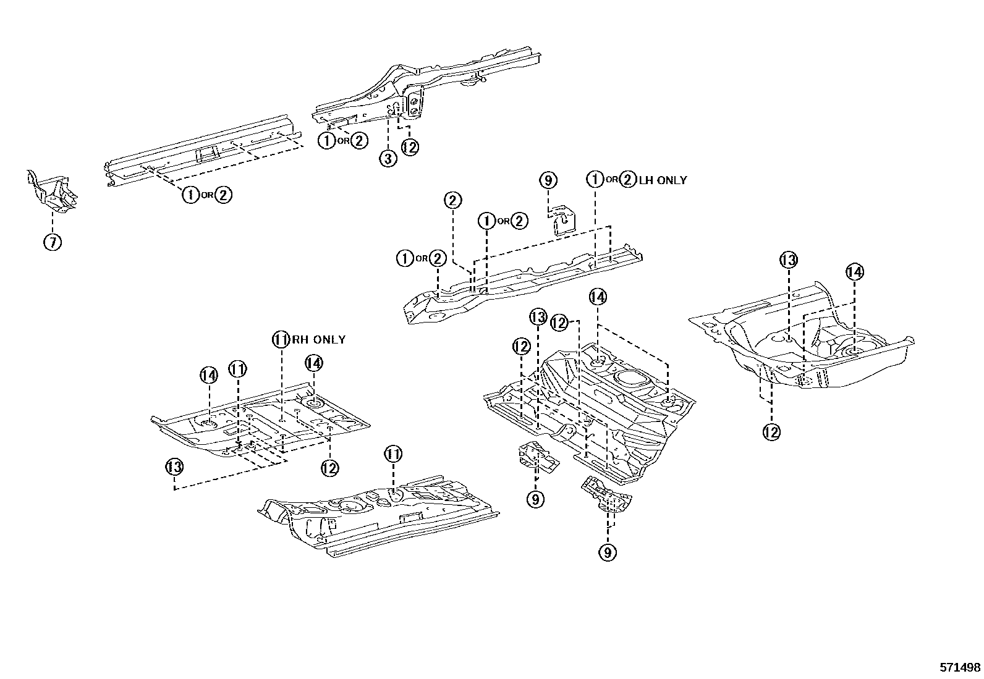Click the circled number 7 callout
click(53, 242)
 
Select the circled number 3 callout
click(388, 159)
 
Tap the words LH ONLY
click(663, 180)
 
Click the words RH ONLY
click(318, 339)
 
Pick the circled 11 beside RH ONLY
click(281, 339)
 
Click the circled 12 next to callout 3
click(410, 147)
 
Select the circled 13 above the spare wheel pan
click(789, 260)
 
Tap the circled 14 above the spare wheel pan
click(854, 272)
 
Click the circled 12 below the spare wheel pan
click(771, 432)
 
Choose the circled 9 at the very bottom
click(607, 552)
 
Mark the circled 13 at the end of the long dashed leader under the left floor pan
click(175, 467)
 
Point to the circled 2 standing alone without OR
click(453, 200)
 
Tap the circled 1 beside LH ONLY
click(595, 180)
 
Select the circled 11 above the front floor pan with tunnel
click(393, 455)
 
